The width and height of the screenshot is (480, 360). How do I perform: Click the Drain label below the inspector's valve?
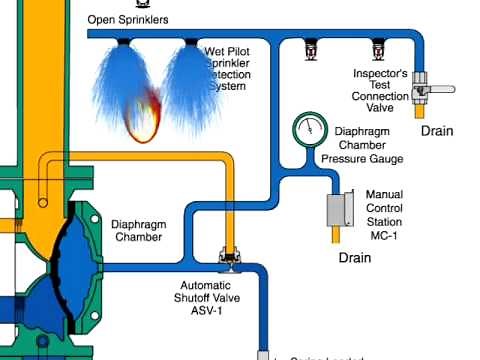[438, 131]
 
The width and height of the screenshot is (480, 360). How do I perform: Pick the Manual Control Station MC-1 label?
[384, 210]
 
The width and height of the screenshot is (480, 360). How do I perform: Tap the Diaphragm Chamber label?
[139, 230]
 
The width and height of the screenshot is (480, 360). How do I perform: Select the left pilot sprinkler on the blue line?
[312, 48]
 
